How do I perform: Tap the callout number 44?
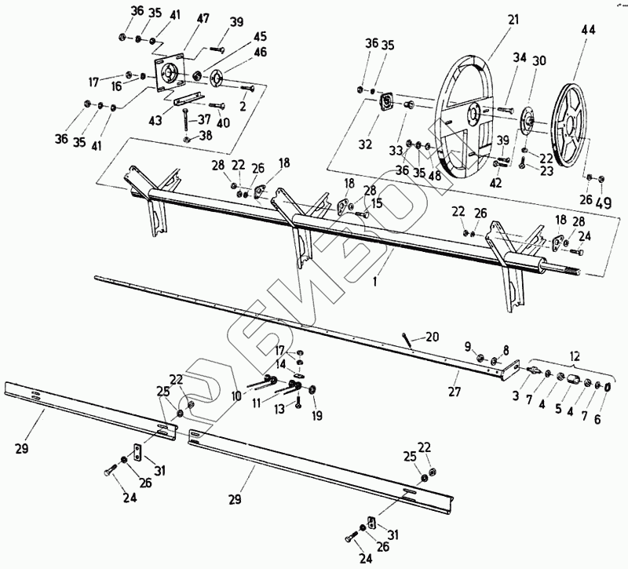[588, 30]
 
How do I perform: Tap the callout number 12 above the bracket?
[577, 356]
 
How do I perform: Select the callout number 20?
[433, 337]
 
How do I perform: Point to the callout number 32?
[366, 145]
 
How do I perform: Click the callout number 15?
[377, 203]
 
